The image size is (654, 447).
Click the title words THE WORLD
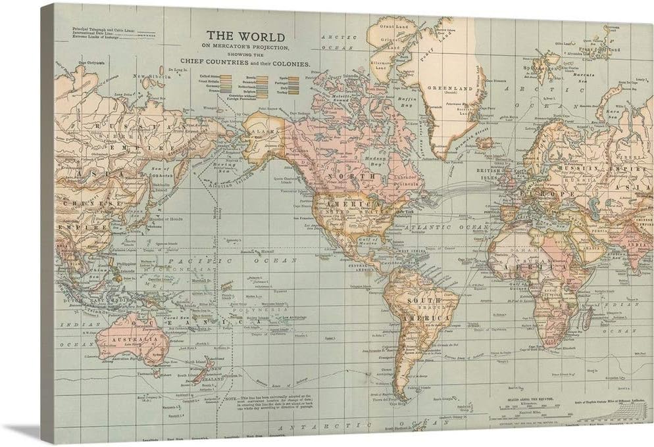(x=245, y=36)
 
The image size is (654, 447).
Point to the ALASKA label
(x=263, y=131)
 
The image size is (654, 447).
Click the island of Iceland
(x=484, y=142)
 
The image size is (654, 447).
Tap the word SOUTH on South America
(x=421, y=300)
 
